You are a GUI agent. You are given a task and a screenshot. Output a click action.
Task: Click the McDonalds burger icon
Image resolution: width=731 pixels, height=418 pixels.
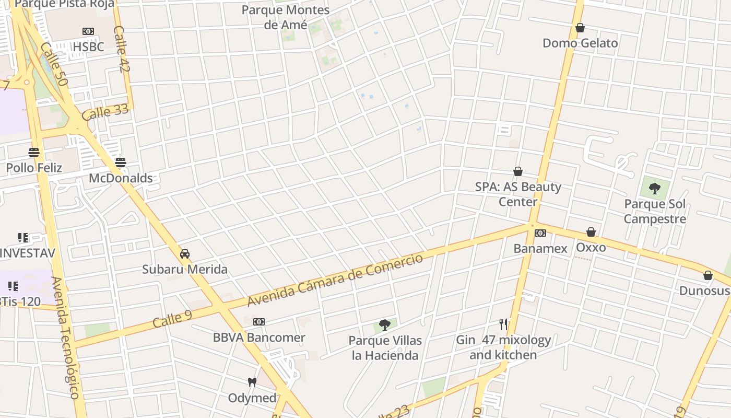(121, 162)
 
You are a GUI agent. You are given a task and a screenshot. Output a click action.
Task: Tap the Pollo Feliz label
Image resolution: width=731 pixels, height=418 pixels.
(34, 168)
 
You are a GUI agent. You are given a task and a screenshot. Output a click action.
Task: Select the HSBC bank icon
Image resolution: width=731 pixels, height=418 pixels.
(88, 31)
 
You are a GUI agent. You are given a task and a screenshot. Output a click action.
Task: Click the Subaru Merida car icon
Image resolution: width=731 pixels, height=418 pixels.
(184, 254)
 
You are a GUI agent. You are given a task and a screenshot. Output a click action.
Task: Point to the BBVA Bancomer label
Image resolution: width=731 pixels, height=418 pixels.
(259, 338)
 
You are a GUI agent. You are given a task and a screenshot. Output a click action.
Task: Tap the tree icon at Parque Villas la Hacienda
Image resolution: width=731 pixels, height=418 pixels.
(385, 325)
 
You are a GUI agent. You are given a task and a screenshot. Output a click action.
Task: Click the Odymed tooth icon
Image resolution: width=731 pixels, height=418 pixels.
(252, 382)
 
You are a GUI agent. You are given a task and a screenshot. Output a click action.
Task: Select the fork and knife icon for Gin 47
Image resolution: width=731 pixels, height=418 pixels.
(503, 324)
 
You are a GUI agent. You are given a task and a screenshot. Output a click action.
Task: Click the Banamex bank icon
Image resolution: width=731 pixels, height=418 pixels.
(540, 233)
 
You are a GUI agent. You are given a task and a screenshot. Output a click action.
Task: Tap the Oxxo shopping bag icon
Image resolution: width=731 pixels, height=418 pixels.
(591, 232)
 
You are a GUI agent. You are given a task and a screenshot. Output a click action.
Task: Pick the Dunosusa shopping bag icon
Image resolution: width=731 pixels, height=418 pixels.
(708, 275)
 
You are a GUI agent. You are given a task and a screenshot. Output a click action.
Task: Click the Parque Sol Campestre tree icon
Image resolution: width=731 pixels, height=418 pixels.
(654, 189)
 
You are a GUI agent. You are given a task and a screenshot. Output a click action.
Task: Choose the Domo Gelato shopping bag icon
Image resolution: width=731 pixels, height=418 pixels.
(580, 28)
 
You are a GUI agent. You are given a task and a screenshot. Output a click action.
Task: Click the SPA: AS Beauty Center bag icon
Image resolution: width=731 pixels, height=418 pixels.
(518, 171)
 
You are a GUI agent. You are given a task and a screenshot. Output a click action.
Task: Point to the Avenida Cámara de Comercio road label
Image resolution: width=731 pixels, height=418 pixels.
(335, 281)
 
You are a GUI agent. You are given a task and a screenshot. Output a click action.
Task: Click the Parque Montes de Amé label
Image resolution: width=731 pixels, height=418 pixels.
(286, 17)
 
